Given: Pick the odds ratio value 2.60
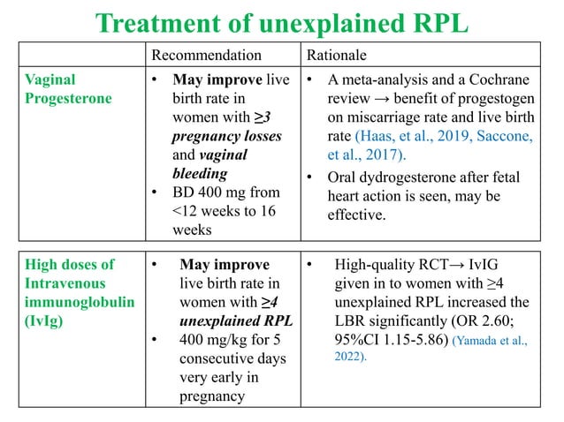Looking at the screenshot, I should pyautogui.click(x=485, y=322).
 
